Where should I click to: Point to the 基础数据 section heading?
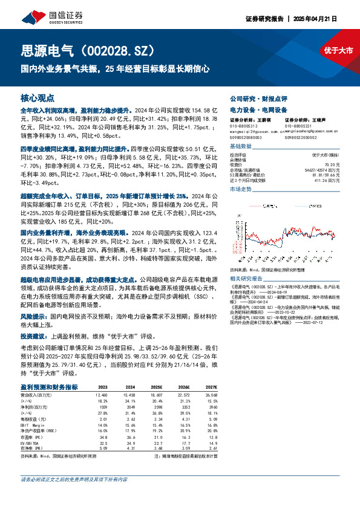(x=240, y=147)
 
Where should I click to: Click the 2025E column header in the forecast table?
(x=156, y=386)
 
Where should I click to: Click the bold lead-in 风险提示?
(x=33, y=316)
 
